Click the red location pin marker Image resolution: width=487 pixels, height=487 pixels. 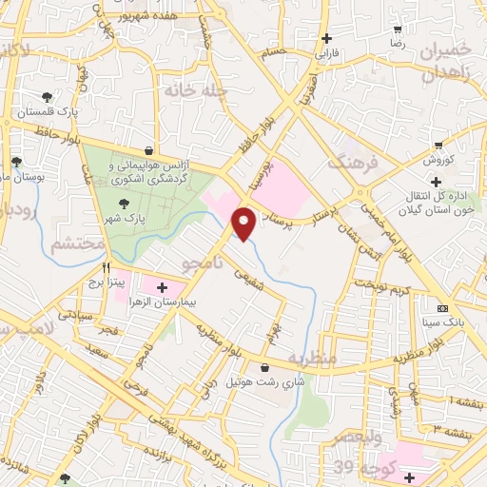pos(244,223)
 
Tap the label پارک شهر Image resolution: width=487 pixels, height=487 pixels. pos(124,218)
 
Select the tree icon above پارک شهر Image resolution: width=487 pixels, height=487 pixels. pos(122,203)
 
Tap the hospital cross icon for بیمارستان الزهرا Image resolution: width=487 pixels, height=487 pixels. pos(161,285)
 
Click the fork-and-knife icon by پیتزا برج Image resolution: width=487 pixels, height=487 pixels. pos(107,267)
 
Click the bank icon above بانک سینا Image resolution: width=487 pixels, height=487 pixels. pos(442,308)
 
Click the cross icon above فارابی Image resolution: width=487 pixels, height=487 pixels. pos(327,38)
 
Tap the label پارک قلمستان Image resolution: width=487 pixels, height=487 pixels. pos(46,112)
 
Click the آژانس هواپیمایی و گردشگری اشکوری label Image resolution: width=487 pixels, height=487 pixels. pos(149,171)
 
